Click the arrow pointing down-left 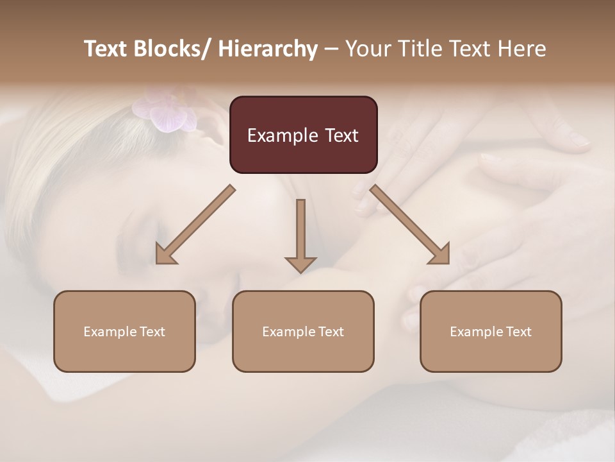195,225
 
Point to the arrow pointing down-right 410,225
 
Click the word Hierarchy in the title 268,49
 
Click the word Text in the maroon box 340,135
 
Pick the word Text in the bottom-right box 518,332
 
